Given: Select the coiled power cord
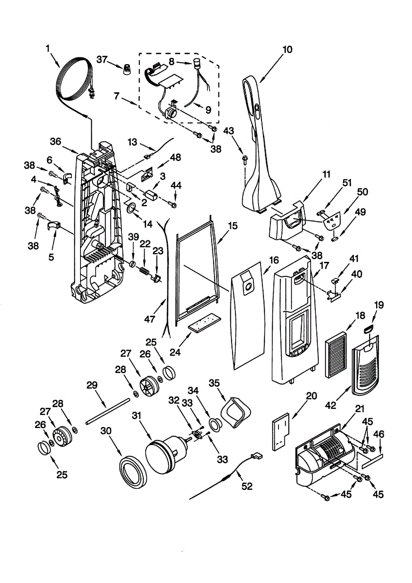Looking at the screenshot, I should [73, 80].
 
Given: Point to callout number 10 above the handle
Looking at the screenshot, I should [287, 49].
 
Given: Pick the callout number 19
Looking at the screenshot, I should [379, 305].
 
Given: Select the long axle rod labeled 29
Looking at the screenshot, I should [108, 411].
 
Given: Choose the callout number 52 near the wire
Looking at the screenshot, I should [247, 486].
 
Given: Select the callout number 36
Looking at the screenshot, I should [55, 141].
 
